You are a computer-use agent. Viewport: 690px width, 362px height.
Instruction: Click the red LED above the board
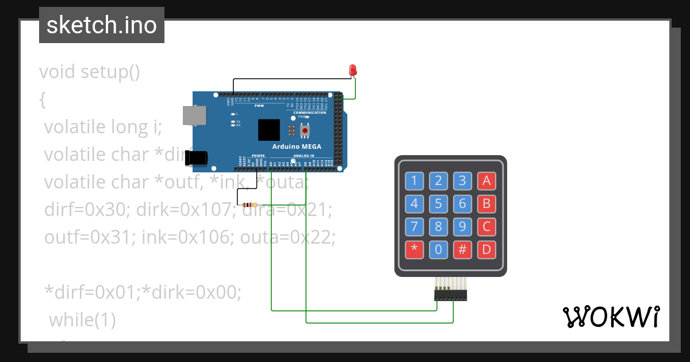point(353,70)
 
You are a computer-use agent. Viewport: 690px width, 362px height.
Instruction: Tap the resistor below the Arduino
point(249,205)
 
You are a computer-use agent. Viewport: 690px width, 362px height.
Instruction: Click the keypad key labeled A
point(486,181)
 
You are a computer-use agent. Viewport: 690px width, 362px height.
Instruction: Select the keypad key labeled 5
point(438,203)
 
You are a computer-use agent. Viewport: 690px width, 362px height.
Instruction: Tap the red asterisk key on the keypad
point(414,249)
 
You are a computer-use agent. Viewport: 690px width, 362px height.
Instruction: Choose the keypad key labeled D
point(486,249)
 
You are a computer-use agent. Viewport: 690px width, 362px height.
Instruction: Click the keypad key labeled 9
point(462,226)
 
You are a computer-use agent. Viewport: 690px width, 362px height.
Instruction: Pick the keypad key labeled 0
point(438,249)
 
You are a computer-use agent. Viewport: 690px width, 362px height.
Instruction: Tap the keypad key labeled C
point(486,226)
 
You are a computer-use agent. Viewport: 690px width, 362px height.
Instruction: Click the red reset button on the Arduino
point(305,130)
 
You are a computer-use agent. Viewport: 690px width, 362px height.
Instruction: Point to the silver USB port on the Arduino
point(193,115)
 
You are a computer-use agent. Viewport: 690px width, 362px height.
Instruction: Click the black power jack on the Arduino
point(195,158)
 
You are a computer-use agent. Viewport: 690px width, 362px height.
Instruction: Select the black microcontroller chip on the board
point(269,130)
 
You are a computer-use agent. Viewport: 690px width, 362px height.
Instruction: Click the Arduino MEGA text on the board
point(297,147)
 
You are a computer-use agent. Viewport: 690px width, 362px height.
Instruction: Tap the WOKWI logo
point(611,317)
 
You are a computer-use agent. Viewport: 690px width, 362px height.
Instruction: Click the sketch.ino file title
point(102,25)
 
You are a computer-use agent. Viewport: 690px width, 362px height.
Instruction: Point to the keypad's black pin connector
point(450,295)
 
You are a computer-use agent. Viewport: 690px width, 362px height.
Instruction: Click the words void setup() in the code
point(90,72)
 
